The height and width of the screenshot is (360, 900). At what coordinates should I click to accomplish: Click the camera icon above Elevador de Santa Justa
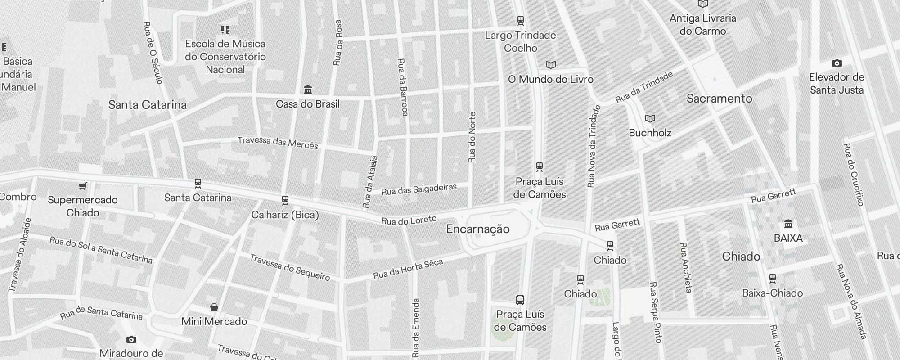[837, 63]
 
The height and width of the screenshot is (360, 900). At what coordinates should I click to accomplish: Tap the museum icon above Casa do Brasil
[308, 90]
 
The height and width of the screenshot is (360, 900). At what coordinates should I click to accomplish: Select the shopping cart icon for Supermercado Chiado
[82, 186]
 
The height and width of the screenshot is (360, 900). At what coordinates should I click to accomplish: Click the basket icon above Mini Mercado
[214, 307]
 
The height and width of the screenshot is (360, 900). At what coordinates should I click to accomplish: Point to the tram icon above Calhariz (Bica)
[285, 200]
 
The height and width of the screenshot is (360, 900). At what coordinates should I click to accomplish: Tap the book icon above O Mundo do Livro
[551, 65]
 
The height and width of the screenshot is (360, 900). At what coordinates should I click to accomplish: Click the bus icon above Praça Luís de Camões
[520, 300]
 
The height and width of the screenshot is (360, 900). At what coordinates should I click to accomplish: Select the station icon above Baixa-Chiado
[773, 279]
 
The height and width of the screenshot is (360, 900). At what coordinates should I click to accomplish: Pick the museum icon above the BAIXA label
[788, 224]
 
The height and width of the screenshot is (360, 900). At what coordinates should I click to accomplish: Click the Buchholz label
[650, 133]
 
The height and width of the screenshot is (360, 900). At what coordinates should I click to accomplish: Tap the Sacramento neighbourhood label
[719, 99]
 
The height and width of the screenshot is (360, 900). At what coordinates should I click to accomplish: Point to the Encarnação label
[478, 229]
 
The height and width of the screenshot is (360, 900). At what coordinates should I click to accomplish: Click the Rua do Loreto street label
[409, 220]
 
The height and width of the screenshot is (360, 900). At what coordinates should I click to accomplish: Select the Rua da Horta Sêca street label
[408, 269]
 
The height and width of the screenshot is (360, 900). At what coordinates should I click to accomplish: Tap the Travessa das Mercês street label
[278, 143]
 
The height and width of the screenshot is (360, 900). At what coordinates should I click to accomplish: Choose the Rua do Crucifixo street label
[853, 175]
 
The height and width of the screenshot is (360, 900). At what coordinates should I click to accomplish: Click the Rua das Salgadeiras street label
[419, 189]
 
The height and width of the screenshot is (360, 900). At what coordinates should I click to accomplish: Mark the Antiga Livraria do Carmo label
[703, 24]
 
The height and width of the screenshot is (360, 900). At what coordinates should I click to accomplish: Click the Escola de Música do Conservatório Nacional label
[225, 57]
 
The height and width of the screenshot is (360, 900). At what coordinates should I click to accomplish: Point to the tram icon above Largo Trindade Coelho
[521, 21]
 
